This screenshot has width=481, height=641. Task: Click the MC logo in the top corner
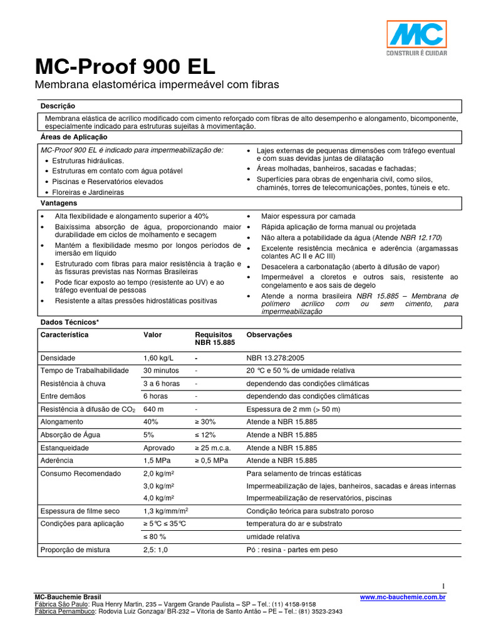pos(416,37)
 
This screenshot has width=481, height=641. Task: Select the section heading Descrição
pos(58,106)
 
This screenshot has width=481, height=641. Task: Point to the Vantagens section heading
pos(59,203)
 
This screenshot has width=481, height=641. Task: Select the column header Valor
pos(153,335)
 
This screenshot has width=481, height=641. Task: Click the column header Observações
pos(269,335)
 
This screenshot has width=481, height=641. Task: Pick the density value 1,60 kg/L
pos(158,358)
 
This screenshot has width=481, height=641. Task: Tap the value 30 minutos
pos(162,371)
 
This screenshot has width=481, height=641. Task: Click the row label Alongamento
pos(61,422)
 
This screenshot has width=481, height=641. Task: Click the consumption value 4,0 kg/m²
pos(158,498)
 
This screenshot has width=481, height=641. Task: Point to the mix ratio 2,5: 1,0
pos(156,550)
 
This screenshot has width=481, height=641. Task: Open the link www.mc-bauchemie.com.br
pos(403,598)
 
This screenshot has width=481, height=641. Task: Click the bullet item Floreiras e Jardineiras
pos(88,192)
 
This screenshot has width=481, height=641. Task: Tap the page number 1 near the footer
pos(443,586)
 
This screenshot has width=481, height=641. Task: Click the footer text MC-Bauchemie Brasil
pos(67,597)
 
